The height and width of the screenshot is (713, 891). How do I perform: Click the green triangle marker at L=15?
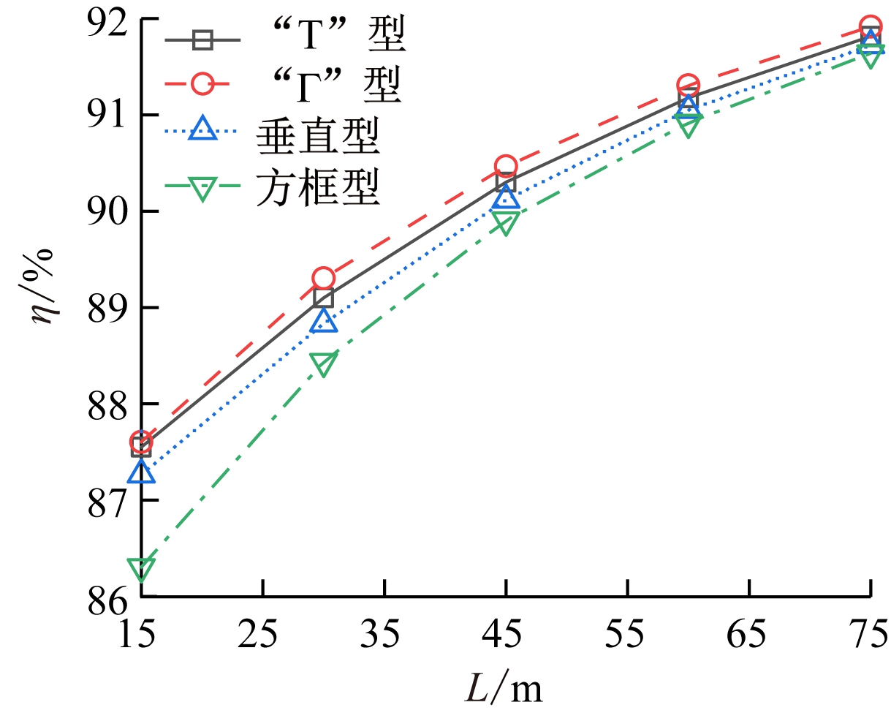click(140, 568)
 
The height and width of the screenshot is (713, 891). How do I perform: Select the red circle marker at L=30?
click(323, 279)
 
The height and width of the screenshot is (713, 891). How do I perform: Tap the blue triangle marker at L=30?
click(323, 320)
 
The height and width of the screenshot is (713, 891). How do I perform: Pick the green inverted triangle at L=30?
click(323, 363)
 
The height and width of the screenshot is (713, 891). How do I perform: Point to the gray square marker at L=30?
click(323, 297)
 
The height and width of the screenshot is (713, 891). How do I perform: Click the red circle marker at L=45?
click(506, 166)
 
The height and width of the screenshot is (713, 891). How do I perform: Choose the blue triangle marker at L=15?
click(140, 472)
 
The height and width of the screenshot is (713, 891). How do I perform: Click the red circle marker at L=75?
click(870, 26)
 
